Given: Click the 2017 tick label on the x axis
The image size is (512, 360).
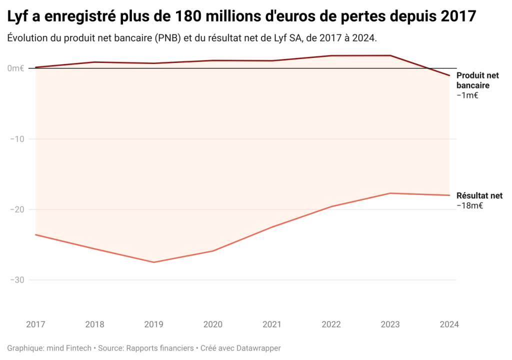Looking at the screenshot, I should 35,324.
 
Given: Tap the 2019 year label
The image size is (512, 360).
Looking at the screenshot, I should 153,324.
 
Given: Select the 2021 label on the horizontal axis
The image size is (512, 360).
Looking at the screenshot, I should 272,324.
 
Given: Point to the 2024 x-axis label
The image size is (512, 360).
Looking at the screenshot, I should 449,324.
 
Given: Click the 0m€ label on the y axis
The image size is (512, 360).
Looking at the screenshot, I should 15,68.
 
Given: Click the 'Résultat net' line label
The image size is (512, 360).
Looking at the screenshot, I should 479,195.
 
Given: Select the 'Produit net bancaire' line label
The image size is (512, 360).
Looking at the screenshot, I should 477,80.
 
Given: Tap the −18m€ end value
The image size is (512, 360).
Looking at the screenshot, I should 469,205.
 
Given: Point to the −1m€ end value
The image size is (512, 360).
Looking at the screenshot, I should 467,95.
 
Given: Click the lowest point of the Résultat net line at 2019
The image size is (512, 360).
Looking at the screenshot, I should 153,262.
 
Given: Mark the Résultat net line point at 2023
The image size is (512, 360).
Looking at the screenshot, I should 390,193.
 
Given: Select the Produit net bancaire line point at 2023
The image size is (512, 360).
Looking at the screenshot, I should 390,55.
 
